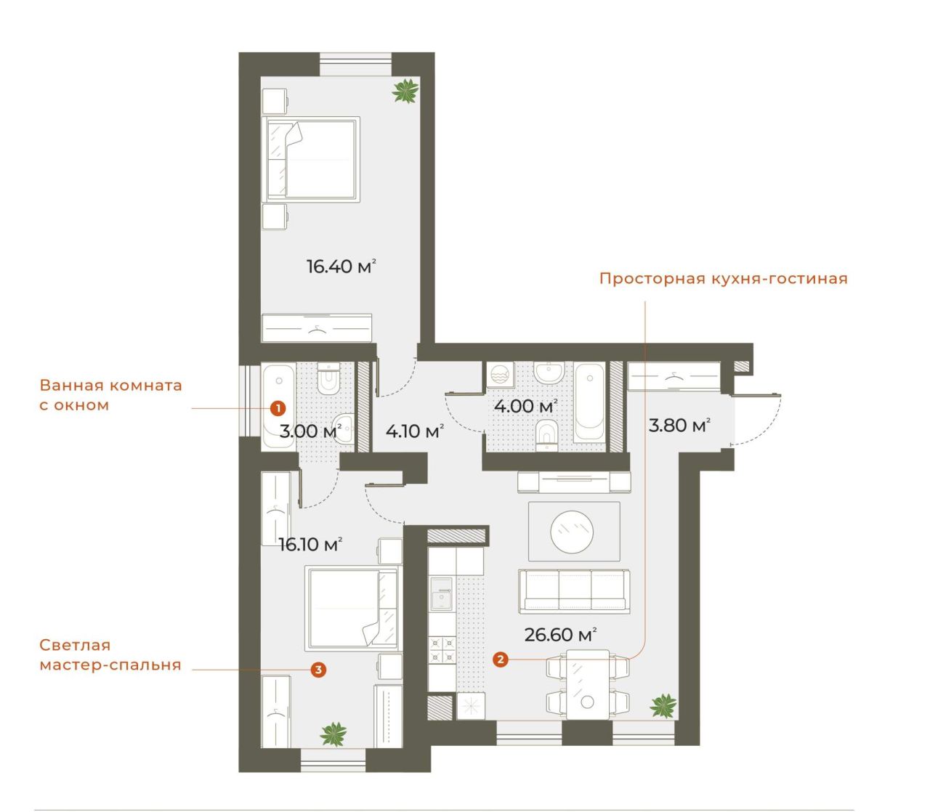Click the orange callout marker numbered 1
point(278,407)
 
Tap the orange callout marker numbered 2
point(500,659)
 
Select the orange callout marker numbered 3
point(318,670)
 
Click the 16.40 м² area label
point(341,266)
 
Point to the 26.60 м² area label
point(560,634)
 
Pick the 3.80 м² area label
point(679,426)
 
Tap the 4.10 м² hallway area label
point(415,431)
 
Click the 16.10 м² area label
point(310,544)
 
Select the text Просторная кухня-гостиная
point(723,278)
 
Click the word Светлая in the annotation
point(75,645)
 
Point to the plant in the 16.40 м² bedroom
point(405,91)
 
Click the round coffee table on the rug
point(571,531)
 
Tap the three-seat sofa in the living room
point(574,590)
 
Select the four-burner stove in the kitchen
point(442,650)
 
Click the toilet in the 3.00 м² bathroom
point(328,378)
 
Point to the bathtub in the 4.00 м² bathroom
point(589,402)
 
